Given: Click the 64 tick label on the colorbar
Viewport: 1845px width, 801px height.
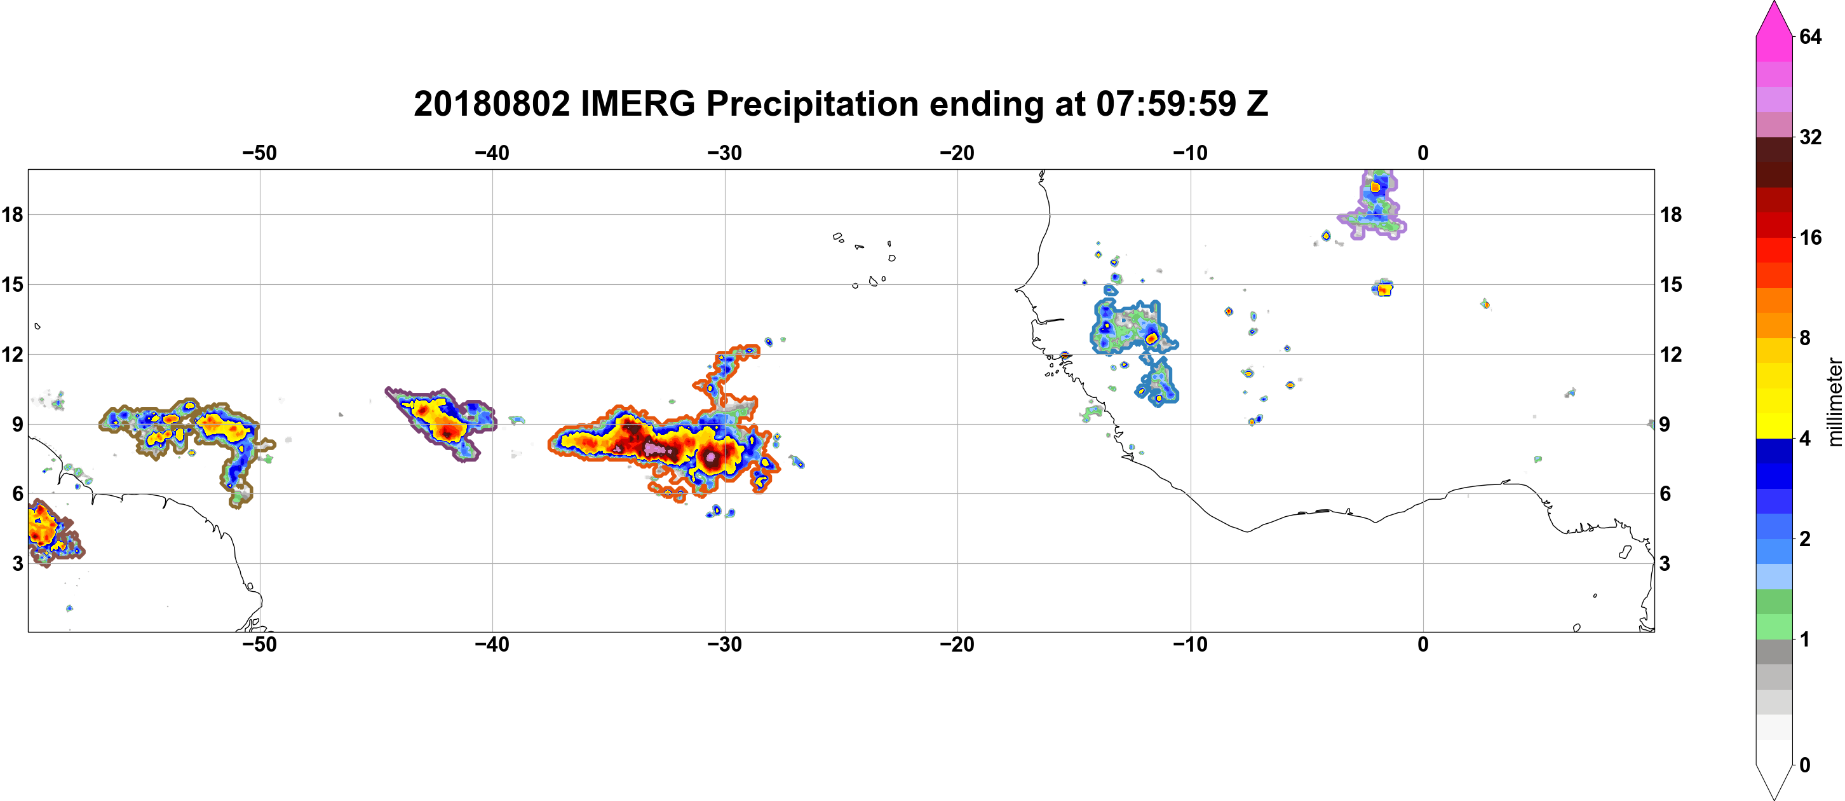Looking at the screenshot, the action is coord(1810,36).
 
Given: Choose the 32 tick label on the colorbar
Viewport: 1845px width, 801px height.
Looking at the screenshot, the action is coord(1810,137).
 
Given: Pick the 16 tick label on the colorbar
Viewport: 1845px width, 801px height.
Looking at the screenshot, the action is coord(1810,237).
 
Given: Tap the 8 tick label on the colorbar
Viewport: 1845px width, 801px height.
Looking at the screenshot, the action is coord(1805,338).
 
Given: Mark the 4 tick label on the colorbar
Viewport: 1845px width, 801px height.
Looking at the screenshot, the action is coord(1805,438).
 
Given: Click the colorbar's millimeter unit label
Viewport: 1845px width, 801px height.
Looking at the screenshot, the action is coord(1834,402).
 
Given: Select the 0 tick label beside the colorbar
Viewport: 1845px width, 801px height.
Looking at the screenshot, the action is coord(1805,765).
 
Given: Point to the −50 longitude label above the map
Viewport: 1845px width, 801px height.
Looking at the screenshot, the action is coord(259,153).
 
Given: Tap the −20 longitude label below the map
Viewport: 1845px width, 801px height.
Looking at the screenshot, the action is coord(957,644).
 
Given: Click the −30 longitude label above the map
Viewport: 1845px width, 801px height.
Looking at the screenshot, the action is coord(724,153).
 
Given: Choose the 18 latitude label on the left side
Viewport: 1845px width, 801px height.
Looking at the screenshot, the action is coord(12,214).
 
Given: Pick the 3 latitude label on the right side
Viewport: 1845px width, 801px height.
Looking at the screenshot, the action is coord(1665,563).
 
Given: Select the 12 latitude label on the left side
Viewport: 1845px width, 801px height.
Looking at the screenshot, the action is coord(12,354).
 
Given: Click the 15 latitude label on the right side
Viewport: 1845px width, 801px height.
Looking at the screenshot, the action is coord(1671,284).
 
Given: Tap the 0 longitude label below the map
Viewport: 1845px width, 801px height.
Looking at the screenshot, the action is coord(1423,644).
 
